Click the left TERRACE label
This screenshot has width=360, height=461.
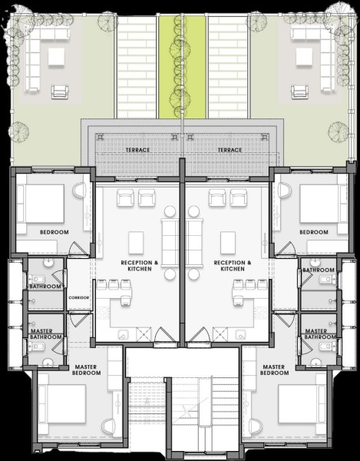137,151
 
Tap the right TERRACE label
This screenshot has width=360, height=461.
230,151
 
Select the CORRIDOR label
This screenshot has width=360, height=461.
79,297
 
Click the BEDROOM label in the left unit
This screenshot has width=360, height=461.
54,232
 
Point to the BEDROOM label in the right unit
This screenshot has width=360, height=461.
314,232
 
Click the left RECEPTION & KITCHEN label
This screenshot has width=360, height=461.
140,266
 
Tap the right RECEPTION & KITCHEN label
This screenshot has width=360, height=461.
233,266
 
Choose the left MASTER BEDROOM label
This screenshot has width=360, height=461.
86,370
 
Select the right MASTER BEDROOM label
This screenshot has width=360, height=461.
274,370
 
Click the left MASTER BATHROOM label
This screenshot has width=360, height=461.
46,334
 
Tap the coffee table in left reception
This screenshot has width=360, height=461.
136,243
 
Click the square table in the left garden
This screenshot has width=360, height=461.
56,57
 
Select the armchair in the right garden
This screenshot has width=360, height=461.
300,91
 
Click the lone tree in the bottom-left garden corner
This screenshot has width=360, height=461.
18,132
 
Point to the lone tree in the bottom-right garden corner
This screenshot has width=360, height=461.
339,132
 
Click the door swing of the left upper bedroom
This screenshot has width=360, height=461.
76,248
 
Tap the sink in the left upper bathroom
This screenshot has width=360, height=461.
48,263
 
